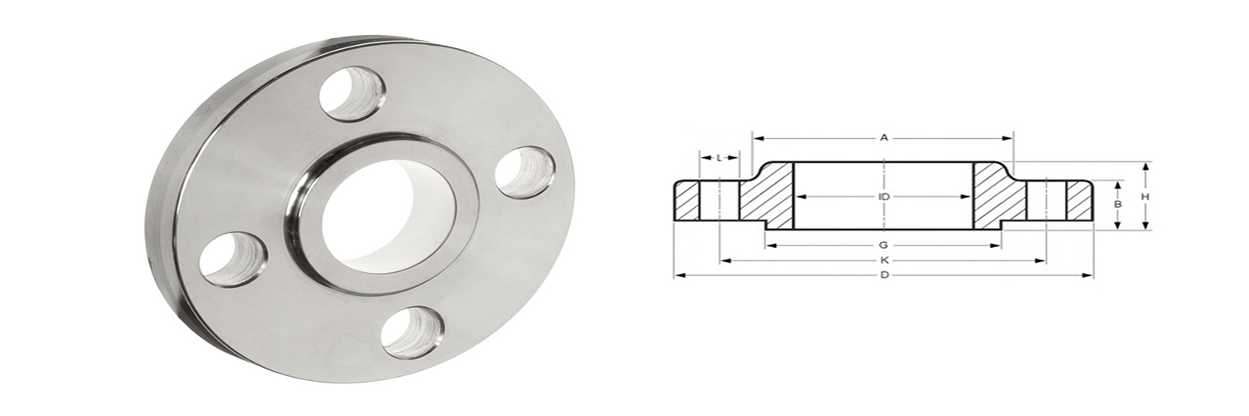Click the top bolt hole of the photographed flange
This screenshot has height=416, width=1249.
click(x=351, y=93)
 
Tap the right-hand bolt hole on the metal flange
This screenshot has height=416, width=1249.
click(x=525, y=172)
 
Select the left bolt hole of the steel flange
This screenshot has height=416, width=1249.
click(x=232, y=260)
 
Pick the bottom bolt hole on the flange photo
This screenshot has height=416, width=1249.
click(x=412, y=332)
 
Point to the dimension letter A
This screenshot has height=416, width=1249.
click(x=884, y=138)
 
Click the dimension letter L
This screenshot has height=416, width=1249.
click(x=718, y=157)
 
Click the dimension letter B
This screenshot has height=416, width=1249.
click(x=1118, y=204)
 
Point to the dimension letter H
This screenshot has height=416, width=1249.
click(x=1146, y=196)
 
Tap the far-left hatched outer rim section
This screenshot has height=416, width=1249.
click(x=687, y=201)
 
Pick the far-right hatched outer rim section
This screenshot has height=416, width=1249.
click(x=1079, y=201)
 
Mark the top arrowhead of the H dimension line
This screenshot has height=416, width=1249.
click(x=1146, y=166)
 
